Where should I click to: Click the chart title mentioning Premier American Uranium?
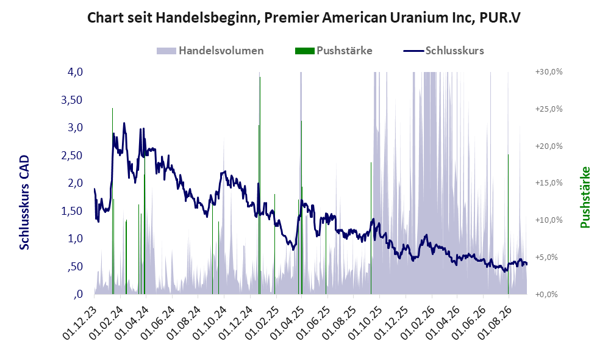coord(304,18)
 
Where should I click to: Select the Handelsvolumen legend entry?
coord(210,51)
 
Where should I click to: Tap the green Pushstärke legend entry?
coord(334,51)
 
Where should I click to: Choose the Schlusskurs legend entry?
coord(443,51)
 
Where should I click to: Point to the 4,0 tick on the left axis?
coord(75,72)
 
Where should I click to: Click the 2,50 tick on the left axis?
coord(72,155)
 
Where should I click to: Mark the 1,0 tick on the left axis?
coord(75,239)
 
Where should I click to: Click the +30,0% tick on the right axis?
coord(549,72)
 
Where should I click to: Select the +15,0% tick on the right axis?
coord(549,182)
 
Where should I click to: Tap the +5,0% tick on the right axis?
coord(549,257)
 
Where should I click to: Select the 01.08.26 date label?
coord(495,323)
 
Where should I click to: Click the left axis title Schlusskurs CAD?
coord(24,203)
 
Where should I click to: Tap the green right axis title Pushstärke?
coord(585,198)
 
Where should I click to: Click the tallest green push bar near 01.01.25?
coord(260,185)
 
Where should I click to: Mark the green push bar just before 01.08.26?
coord(508,224)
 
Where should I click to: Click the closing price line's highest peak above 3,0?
coord(124,123)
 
